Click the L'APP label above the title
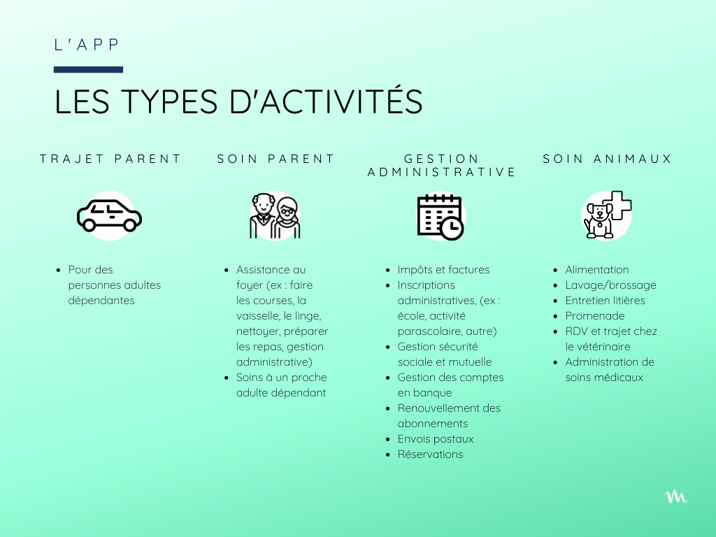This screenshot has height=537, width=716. (87, 45)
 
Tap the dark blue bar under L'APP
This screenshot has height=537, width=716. (88, 69)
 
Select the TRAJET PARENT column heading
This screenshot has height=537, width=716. (110, 159)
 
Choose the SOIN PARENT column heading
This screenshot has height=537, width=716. (275, 159)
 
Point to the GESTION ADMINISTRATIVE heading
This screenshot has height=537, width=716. (442, 165)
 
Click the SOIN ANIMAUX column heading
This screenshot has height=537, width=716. (608, 159)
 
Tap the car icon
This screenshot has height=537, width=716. (110, 215)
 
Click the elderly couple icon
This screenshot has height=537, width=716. (275, 215)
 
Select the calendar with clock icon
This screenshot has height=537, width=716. (441, 217)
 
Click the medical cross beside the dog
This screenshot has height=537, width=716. (617, 205)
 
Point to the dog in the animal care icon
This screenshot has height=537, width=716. (599, 221)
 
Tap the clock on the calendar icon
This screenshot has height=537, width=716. (452, 227)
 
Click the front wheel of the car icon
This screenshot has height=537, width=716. (130, 225)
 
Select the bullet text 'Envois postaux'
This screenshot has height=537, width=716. (436, 439)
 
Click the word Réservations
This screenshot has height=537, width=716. (430, 454)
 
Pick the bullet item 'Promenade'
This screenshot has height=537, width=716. (595, 315)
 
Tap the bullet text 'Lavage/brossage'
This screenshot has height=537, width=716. (611, 285)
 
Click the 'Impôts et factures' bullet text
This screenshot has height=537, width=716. (443, 270)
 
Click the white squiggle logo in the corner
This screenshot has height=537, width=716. (676, 497)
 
